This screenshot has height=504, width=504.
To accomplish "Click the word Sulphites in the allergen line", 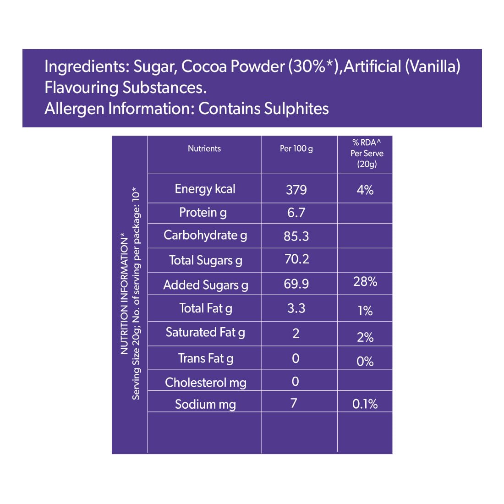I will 296,109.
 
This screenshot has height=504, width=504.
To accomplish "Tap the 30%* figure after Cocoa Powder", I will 312,66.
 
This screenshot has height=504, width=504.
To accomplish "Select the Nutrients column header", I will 204,148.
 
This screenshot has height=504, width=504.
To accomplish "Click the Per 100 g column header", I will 296,148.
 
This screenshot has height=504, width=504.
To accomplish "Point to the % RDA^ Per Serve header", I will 367,153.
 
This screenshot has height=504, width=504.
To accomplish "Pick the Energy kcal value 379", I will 296,190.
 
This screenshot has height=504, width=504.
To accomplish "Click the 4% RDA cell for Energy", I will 365,190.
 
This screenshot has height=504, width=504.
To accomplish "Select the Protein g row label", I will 203,213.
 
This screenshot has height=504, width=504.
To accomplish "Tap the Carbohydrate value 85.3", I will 296,236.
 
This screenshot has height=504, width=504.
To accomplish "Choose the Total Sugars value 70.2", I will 297,259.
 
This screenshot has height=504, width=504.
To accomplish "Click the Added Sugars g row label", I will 206,285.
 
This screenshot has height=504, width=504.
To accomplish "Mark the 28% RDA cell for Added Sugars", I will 365,281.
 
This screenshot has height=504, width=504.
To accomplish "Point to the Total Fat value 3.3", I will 296,308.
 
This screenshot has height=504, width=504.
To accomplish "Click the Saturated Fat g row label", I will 205,333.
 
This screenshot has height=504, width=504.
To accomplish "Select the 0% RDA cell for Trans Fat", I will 365,362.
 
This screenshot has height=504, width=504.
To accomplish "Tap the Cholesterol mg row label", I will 206,383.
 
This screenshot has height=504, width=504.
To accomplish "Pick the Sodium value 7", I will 294,403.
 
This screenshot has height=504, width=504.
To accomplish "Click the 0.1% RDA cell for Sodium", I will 365,404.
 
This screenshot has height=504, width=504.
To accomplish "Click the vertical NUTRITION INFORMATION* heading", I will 124,293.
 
